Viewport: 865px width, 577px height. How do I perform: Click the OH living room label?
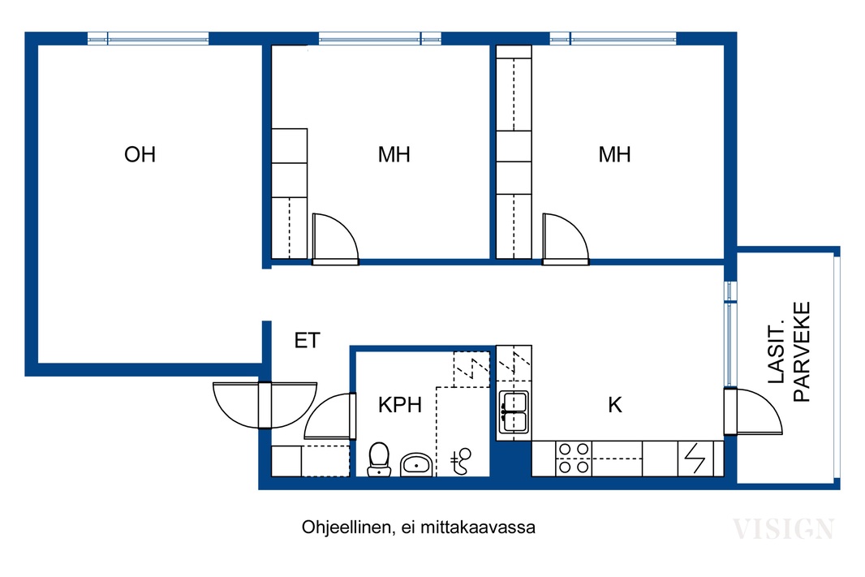click(x=140, y=154)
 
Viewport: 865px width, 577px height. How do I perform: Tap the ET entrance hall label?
click(x=308, y=340)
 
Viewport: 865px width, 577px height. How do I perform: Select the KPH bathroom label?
click(x=400, y=405)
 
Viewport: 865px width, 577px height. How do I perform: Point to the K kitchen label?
click(x=614, y=405)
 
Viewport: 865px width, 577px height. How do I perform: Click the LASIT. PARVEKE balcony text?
click(x=789, y=352)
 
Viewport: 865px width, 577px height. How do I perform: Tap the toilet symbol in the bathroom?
click(x=379, y=459)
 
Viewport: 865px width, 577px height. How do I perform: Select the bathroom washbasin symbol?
click(x=416, y=464)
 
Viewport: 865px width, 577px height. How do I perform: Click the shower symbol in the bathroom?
click(x=461, y=461)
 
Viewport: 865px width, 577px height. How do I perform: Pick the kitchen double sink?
click(x=514, y=411)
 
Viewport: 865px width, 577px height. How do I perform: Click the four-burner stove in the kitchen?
click(x=574, y=459)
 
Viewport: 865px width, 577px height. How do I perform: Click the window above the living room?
click(x=148, y=38)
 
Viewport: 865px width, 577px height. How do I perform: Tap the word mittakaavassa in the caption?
click(x=484, y=527)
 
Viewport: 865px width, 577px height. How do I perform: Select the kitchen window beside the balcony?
click(x=730, y=334)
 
